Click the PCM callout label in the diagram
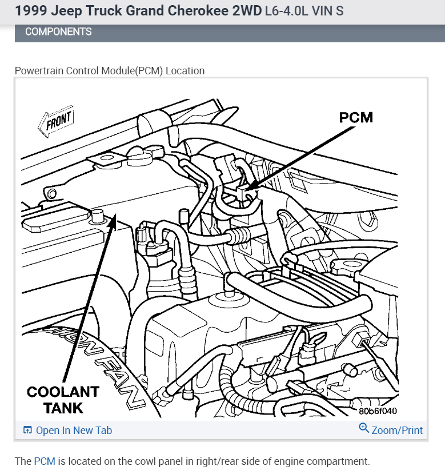coord(355,117)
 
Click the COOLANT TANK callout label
coord(63,400)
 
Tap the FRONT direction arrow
coord(56,121)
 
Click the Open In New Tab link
coord(74,431)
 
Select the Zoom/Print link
coord(397,430)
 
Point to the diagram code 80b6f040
coord(378,411)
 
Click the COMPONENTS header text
coord(58,32)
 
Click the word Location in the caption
coord(185,71)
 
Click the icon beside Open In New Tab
coord(27,431)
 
